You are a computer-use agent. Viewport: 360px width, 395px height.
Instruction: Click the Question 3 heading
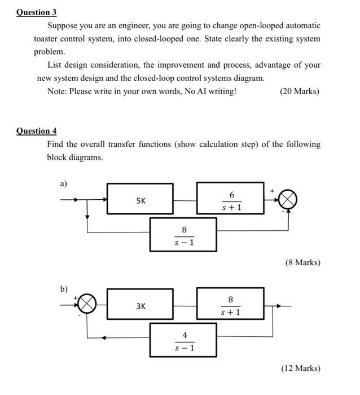coord(37,12)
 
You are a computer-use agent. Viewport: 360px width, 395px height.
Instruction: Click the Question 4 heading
coord(37,131)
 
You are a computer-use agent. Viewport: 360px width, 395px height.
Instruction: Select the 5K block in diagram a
coord(140,199)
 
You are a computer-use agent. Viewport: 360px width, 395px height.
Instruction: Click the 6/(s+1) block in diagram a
coord(230,199)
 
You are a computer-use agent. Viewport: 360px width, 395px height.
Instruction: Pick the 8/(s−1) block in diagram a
coord(183,235)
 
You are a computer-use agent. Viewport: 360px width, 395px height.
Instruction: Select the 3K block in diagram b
coord(140,305)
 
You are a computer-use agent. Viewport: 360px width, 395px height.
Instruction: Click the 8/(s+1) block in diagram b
coord(230,305)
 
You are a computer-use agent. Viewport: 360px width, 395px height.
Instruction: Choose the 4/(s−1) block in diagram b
coord(183,340)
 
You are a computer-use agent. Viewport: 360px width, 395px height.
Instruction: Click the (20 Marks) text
coord(299,91)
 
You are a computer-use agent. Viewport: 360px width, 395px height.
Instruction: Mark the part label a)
coord(64,183)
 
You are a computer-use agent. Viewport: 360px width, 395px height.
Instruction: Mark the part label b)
coord(64,289)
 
